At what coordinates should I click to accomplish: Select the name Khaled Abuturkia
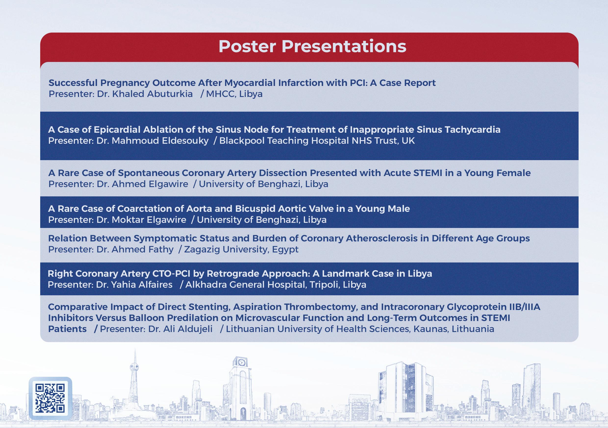pos(152,94)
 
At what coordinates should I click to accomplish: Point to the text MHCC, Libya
pos(234,94)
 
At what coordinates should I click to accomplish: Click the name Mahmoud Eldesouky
pos(160,141)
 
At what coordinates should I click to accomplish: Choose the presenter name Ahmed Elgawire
pos(150,184)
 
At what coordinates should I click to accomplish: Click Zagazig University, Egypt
pos(241,250)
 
